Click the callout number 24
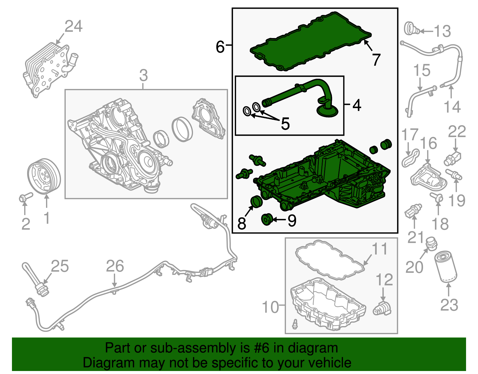click(x=73, y=26)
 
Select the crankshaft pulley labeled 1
click(x=44, y=176)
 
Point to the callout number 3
click(x=143, y=75)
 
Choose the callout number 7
click(x=376, y=60)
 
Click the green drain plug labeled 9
click(x=267, y=219)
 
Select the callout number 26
click(x=115, y=266)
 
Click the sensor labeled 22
click(x=452, y=158)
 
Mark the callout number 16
click(x=428, y=143)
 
